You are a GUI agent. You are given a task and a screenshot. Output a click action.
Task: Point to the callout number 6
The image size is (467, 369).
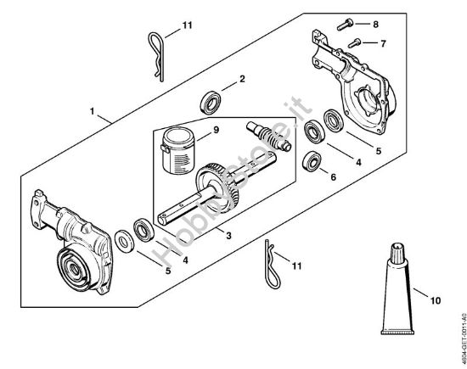tap(333, 176)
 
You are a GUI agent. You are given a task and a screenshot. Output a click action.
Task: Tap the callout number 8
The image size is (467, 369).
tap(376, 25)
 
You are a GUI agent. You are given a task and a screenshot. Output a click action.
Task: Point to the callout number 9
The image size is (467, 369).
tap(216, 130)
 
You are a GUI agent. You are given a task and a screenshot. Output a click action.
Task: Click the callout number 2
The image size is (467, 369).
tap(242, 79)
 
